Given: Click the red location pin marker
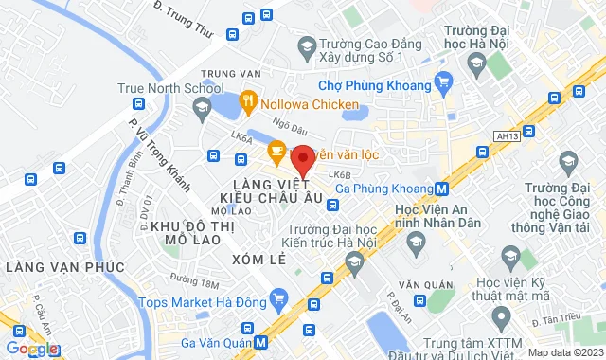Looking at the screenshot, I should pos(302,159).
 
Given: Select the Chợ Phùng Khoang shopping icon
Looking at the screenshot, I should pos(440,83).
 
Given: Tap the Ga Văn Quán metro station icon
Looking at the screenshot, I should pos(260,342).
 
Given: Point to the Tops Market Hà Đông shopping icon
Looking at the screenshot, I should pos(277,301).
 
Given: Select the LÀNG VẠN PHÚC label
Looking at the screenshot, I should pos(64,267).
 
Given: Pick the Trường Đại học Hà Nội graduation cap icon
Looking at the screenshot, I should pos(477,66).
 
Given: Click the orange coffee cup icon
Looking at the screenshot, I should pos(276,149).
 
